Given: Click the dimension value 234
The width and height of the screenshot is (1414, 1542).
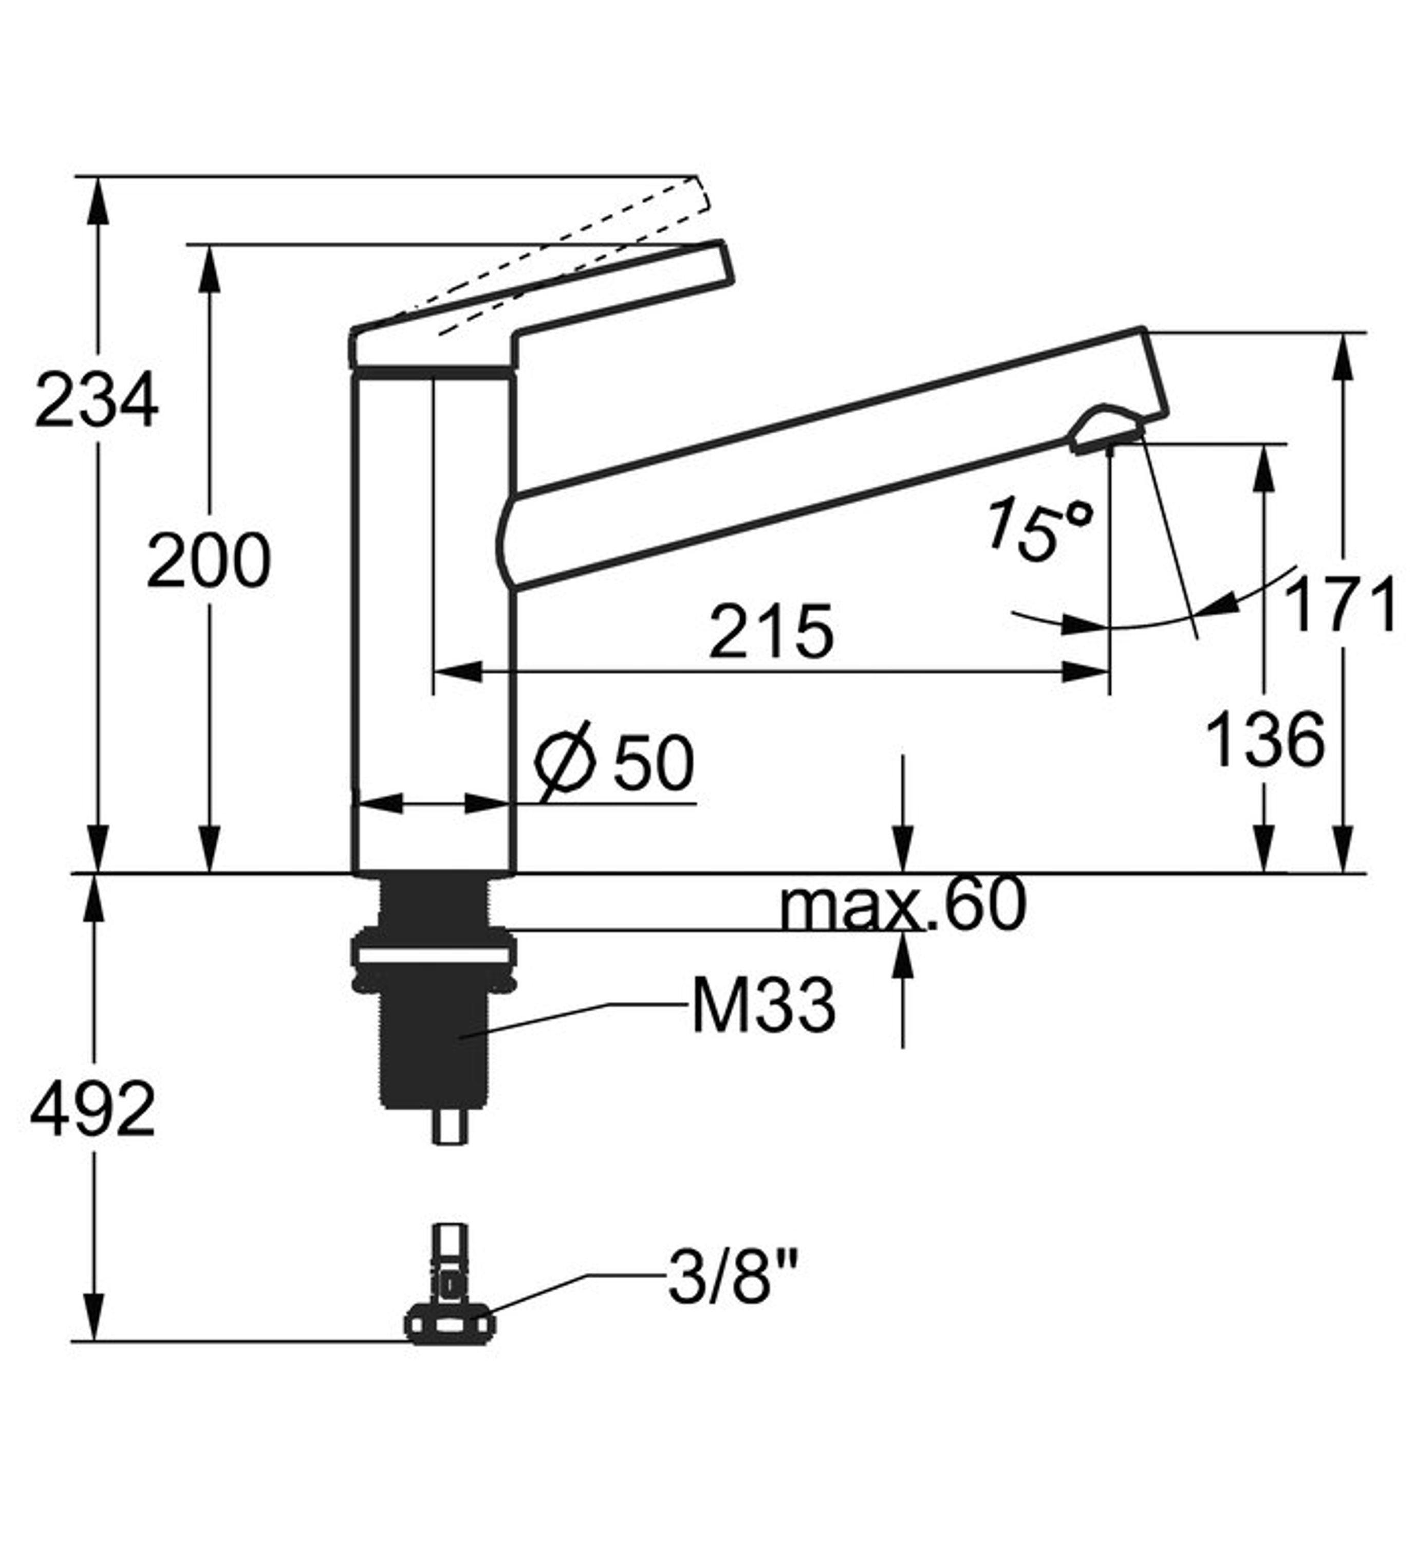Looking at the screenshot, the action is pyautogui.click(x=97, y=401).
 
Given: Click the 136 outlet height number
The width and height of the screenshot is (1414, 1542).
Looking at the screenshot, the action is pyautogui.click(x=1265, y=739).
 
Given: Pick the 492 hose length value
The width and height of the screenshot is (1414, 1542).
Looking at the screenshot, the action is pyautogui.click(x=92, y=1109).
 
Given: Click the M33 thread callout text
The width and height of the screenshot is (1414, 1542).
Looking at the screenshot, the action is pyautogui.click(x=764, y=1007).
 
